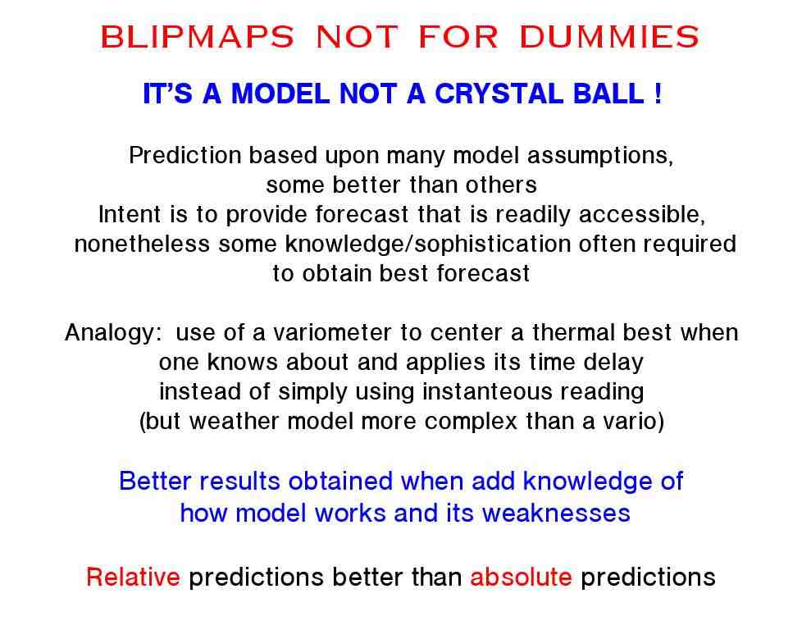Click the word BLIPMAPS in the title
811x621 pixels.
point(197,37)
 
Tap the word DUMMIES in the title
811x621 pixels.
point(609,37)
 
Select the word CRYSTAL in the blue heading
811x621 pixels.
point(499,94)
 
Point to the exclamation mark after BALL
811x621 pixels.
point(658,94)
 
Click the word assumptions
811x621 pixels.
point(600,156)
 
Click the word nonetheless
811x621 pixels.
point(142,244)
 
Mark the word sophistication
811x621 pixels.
point(492,244)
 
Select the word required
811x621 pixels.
point(690,244)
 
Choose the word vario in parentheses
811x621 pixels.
point(633,421)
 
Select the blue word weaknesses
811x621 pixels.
point(556,514)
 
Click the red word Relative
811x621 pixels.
point(133,577)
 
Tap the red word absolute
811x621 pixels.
point(521,577)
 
